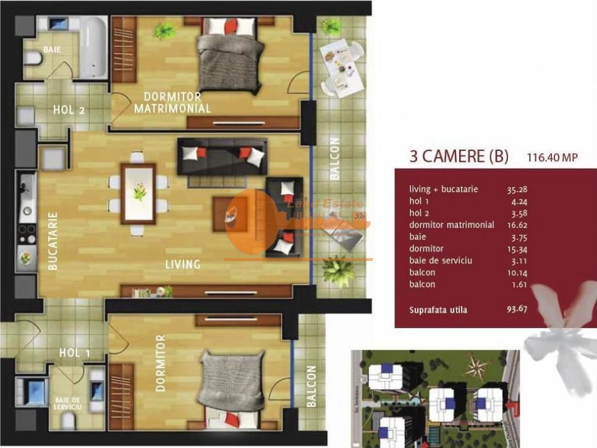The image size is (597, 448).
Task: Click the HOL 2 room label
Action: click(x=69, y=111)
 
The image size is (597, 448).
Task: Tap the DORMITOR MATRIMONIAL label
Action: click(x=172, y=103)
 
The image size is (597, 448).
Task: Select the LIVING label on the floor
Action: click(x=183, y=264)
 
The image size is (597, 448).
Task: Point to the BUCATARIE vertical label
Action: click(x=53, y=242)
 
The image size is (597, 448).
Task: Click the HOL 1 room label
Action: click(x=75, y=353)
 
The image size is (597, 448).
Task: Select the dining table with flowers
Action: click(x=139, y=192)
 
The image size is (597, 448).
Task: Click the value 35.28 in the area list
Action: click(x=517, y=189)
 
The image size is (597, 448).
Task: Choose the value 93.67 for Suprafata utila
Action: click(x=517, y=309)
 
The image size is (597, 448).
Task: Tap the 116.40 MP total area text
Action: click(x=552, y=158)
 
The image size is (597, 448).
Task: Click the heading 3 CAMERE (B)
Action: click(x=459, y=156)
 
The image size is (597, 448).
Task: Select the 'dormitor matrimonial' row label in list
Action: click(x=452, y=225)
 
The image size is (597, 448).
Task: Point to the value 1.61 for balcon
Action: click(x=514, y=284)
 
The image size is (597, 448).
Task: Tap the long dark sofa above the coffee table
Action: click(x=222, y=155)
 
